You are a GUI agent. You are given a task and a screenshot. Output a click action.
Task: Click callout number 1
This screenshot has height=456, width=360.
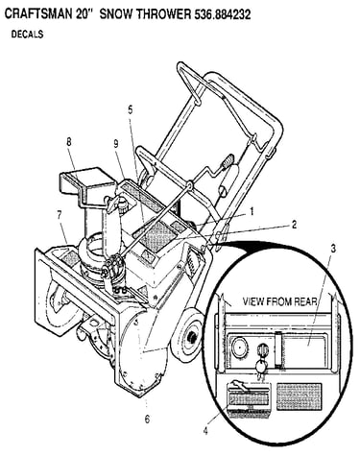[252, 211]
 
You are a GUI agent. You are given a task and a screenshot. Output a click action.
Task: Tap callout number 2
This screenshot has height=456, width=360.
[294, 225]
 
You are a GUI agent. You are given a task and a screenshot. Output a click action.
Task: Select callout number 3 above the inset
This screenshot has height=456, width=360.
[333, 249]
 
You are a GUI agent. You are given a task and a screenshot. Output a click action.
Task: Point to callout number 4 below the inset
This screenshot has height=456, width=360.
[205, 431]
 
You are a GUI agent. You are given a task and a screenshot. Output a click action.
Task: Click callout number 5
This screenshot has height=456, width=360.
[130, 109]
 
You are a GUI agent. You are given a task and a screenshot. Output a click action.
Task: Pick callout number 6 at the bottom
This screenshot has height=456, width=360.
[147, 419]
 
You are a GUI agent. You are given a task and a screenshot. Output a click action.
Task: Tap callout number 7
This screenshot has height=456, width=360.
[59, 216]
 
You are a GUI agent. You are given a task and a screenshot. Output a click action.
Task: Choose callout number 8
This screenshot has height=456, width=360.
[69, 142]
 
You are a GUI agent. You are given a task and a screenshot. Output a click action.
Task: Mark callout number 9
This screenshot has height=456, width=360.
[115, 144]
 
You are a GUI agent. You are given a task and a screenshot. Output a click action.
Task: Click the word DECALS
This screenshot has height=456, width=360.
[27, 35]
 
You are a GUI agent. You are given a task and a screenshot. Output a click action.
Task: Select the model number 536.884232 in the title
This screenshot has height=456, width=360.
[223, 14]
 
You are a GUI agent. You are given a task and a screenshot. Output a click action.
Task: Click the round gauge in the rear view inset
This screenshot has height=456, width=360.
[239, 347]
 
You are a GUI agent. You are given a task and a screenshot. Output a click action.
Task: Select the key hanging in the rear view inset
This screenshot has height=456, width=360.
[260, 367]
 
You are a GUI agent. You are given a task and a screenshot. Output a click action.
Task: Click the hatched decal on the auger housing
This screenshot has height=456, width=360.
[69, 257]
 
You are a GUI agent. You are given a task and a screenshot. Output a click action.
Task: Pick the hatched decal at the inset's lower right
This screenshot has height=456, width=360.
[299, 396]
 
